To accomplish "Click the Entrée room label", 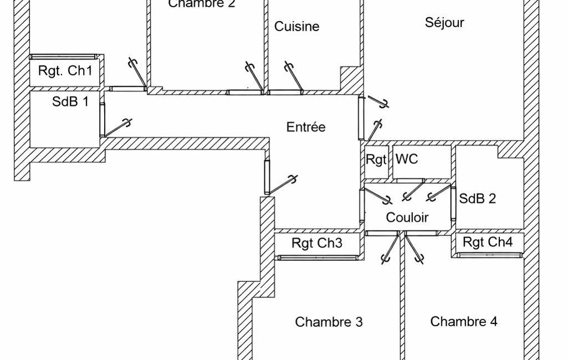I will [x=306, y=127].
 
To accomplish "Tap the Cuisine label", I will [x=297, y=26].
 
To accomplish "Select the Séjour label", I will [x=444, y=22].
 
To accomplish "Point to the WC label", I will [x=407, y=160].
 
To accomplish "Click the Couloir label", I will [x=407, y=217].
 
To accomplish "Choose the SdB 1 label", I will [x=70, y=101].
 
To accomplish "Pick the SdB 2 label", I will [x=478, y=198].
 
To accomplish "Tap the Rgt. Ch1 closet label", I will [x=65, y=71].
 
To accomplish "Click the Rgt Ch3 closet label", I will [x=317, y=243].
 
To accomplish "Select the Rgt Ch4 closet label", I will [x=488, y=242].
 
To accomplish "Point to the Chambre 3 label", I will [x=329, y=322].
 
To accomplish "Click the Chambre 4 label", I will [x=464, y=321].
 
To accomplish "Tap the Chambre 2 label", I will [x=202, y=4].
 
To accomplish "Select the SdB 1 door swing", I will [x=117, y=128].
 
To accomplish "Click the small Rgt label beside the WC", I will [x=376, y=160].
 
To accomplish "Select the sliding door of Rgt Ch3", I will [x=317, y=257].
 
